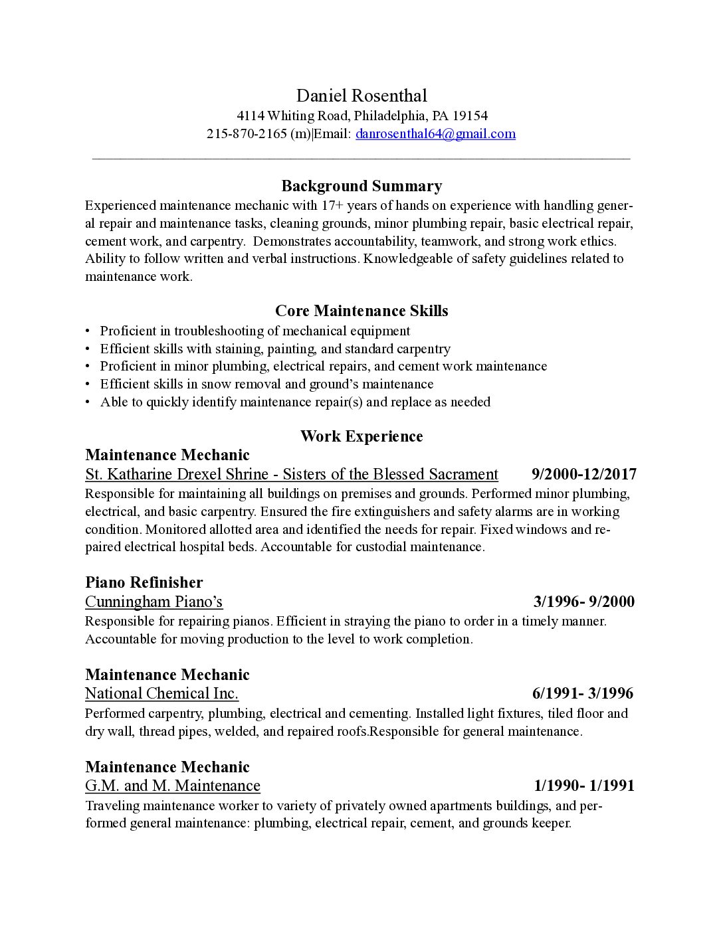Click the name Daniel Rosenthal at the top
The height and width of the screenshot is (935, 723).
click(361, 96)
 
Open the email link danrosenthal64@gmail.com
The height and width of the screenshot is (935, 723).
click(435, 133)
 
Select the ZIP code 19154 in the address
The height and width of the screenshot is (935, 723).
click(470, 116)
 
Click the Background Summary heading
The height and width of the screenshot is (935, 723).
click(361, 186)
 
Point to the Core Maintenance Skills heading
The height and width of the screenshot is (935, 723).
click(361, 311)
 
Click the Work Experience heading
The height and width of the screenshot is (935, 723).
click(361, 436)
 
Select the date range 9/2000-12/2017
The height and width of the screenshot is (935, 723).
click(583, 474)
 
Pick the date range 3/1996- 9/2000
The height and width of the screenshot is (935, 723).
click(583, 602)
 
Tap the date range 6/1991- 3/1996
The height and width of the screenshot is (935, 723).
click(582, 694)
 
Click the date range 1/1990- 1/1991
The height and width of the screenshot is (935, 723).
click(583, 786)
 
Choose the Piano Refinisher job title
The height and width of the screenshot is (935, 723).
click(144, 582)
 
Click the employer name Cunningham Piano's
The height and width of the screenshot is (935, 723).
click(154, 602)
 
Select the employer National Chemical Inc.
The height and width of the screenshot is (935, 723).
click(161, 694)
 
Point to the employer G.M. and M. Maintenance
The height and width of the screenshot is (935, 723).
click(172, 786)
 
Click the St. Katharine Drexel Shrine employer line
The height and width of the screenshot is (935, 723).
click(291, 474)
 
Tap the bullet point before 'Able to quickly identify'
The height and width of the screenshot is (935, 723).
click(88, 402)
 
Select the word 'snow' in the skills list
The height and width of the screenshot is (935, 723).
click(215, 384)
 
